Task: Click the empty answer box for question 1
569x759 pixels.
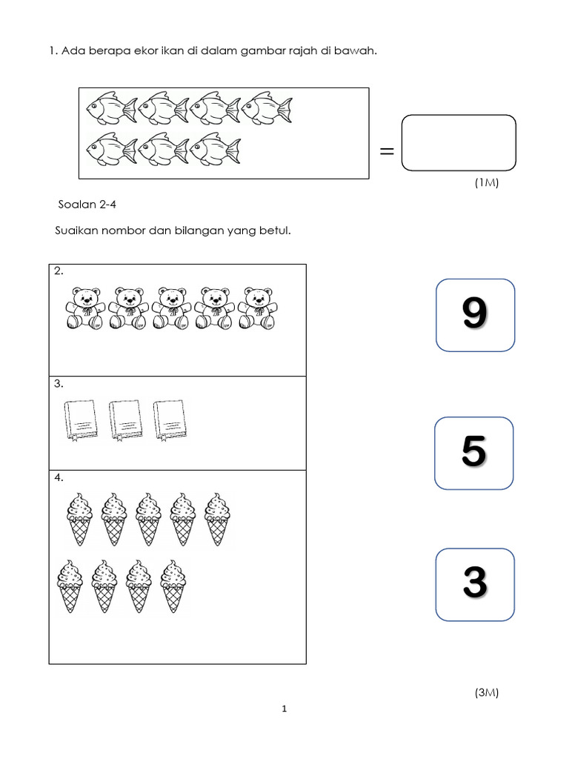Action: coord(458,143)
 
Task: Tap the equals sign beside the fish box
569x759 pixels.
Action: coord(386,151)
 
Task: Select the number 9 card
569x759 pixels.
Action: coord(475,314)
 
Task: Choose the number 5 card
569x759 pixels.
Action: coord(474,453)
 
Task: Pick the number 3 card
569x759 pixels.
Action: coord(474,584)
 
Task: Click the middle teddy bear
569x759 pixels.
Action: coord(173,308)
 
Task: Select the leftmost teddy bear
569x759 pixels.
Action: coord(86,308)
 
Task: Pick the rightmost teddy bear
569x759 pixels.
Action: coord(260,308)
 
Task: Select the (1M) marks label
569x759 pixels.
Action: coord(486,183)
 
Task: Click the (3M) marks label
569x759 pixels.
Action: coord(486,693)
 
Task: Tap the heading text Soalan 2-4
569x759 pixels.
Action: coord(87,205)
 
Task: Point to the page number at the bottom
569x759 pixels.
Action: coord(284,709)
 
